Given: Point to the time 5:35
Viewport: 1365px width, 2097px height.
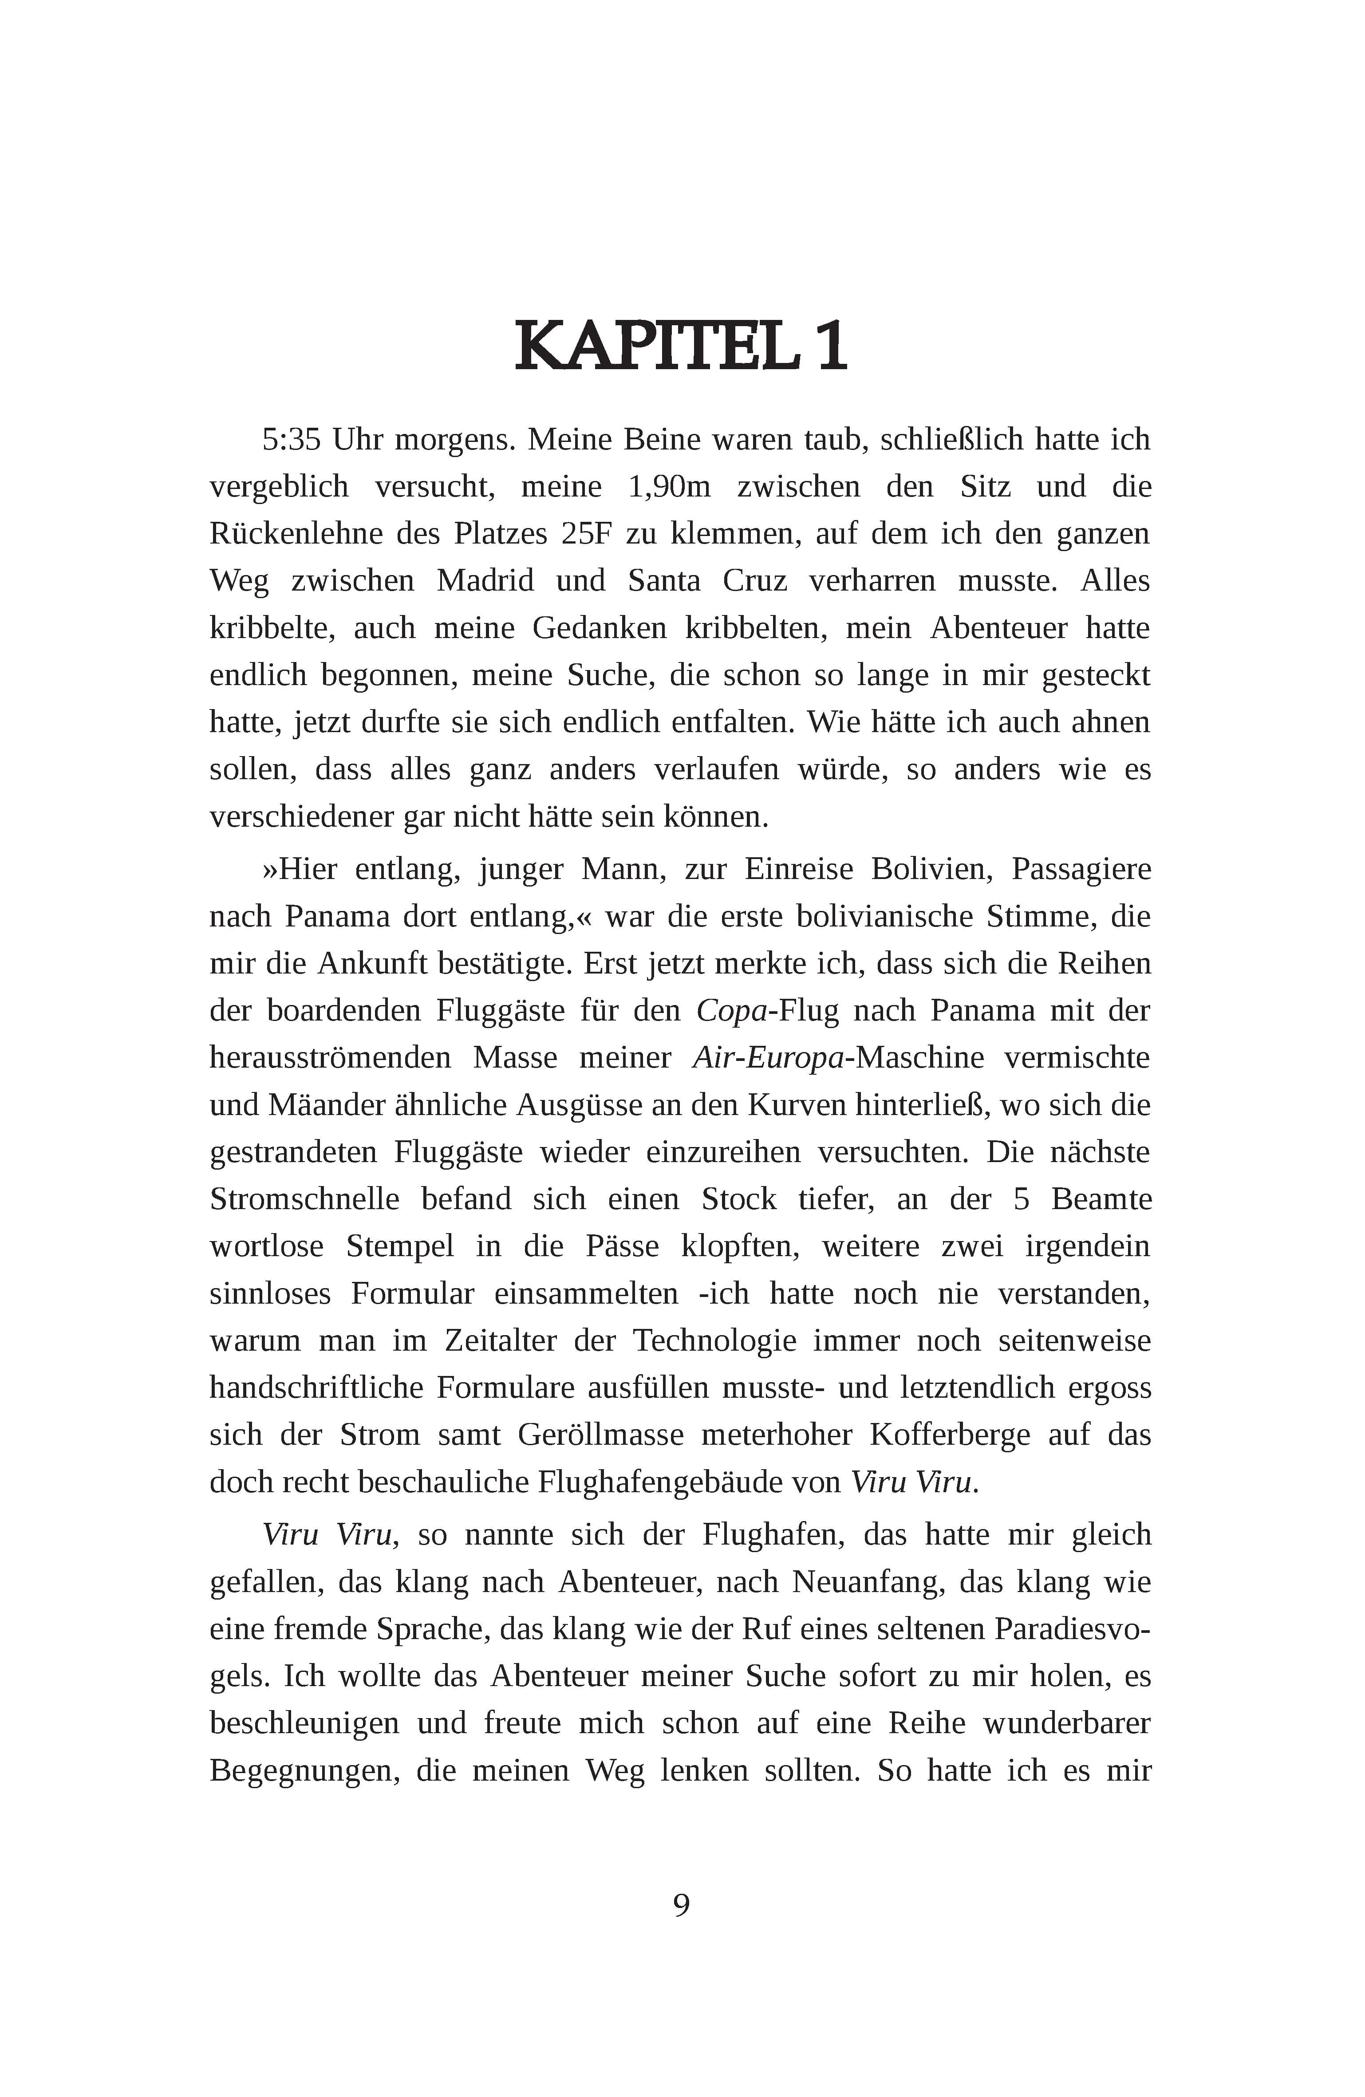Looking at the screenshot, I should [291, 439].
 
